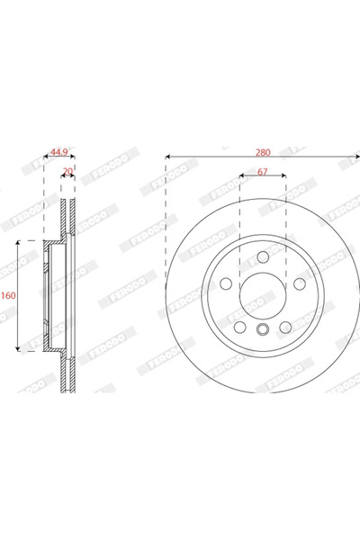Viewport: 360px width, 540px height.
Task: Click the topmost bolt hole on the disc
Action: pos(262,257)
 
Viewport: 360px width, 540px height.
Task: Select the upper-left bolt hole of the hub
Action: pos(227,283)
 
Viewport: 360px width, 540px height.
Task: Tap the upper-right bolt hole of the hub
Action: pos(297,283)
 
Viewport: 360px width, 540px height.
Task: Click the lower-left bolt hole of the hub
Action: pos(240,325)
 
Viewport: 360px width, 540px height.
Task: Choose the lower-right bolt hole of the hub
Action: pos(283,325)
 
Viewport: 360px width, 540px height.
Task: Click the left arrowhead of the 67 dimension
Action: pos(241,176)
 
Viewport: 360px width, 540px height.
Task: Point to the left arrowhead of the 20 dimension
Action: pos(62,177)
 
